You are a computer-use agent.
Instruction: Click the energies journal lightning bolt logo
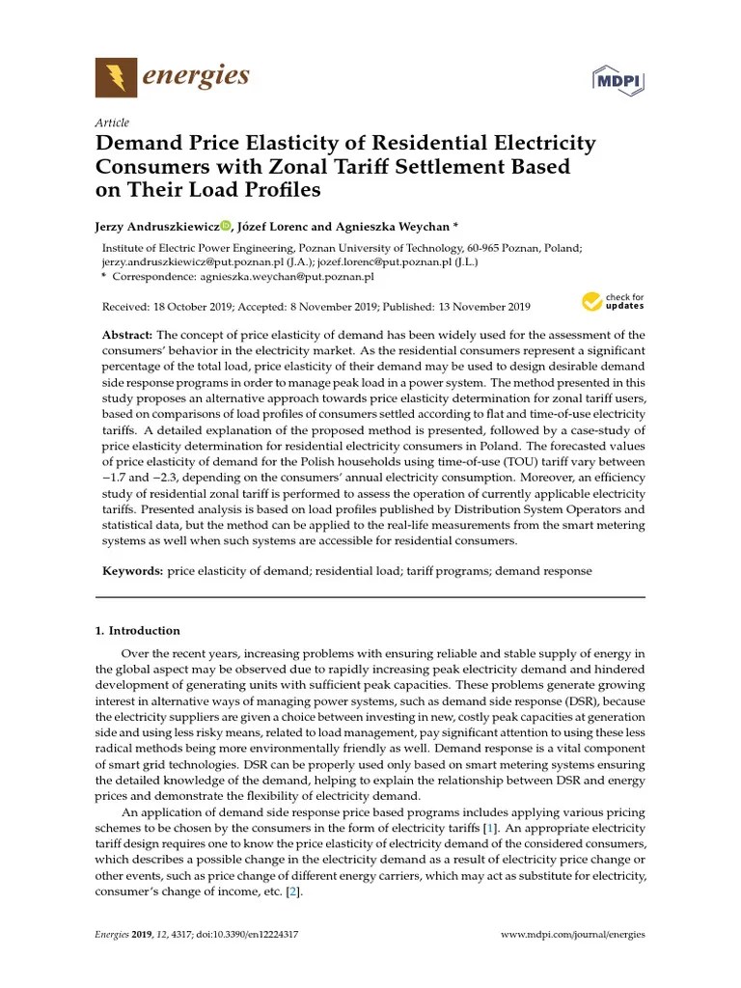117,76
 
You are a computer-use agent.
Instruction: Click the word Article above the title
112,123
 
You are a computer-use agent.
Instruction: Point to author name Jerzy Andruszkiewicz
160,226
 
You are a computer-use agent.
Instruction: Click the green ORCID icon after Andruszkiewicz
226,226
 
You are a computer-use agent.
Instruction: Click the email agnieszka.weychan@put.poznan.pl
287,276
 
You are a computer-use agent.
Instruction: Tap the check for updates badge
612,302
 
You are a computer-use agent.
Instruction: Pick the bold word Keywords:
133,571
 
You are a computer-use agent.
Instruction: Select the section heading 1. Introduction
137,630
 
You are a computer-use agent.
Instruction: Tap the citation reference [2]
292,892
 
